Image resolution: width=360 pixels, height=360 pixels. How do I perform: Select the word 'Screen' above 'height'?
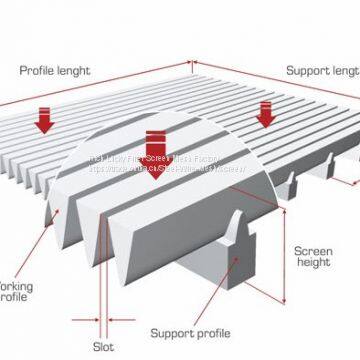pyautogui.click(x=312, y=252)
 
